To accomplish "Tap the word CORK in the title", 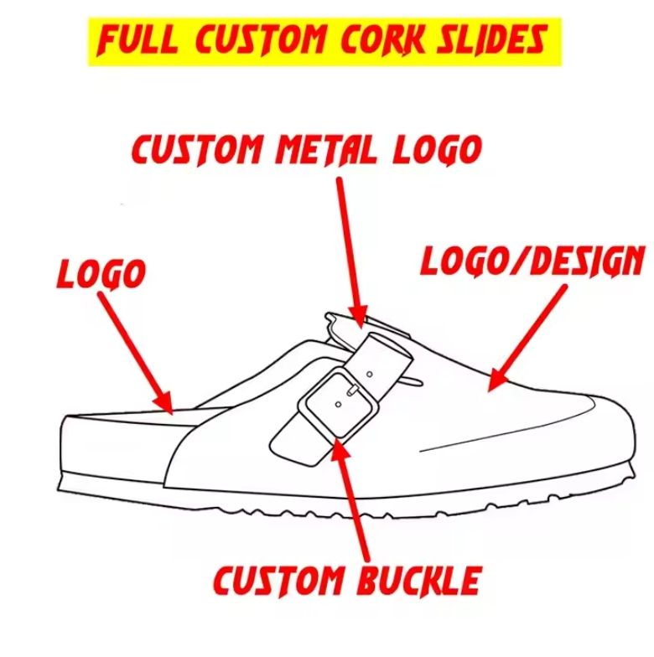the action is pyautogui.click(x=386, y=39).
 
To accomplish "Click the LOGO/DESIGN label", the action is pyautogui.click(x=532, y=261).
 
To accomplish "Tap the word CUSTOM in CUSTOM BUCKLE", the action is pyautogui.click(x=277, y=580).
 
